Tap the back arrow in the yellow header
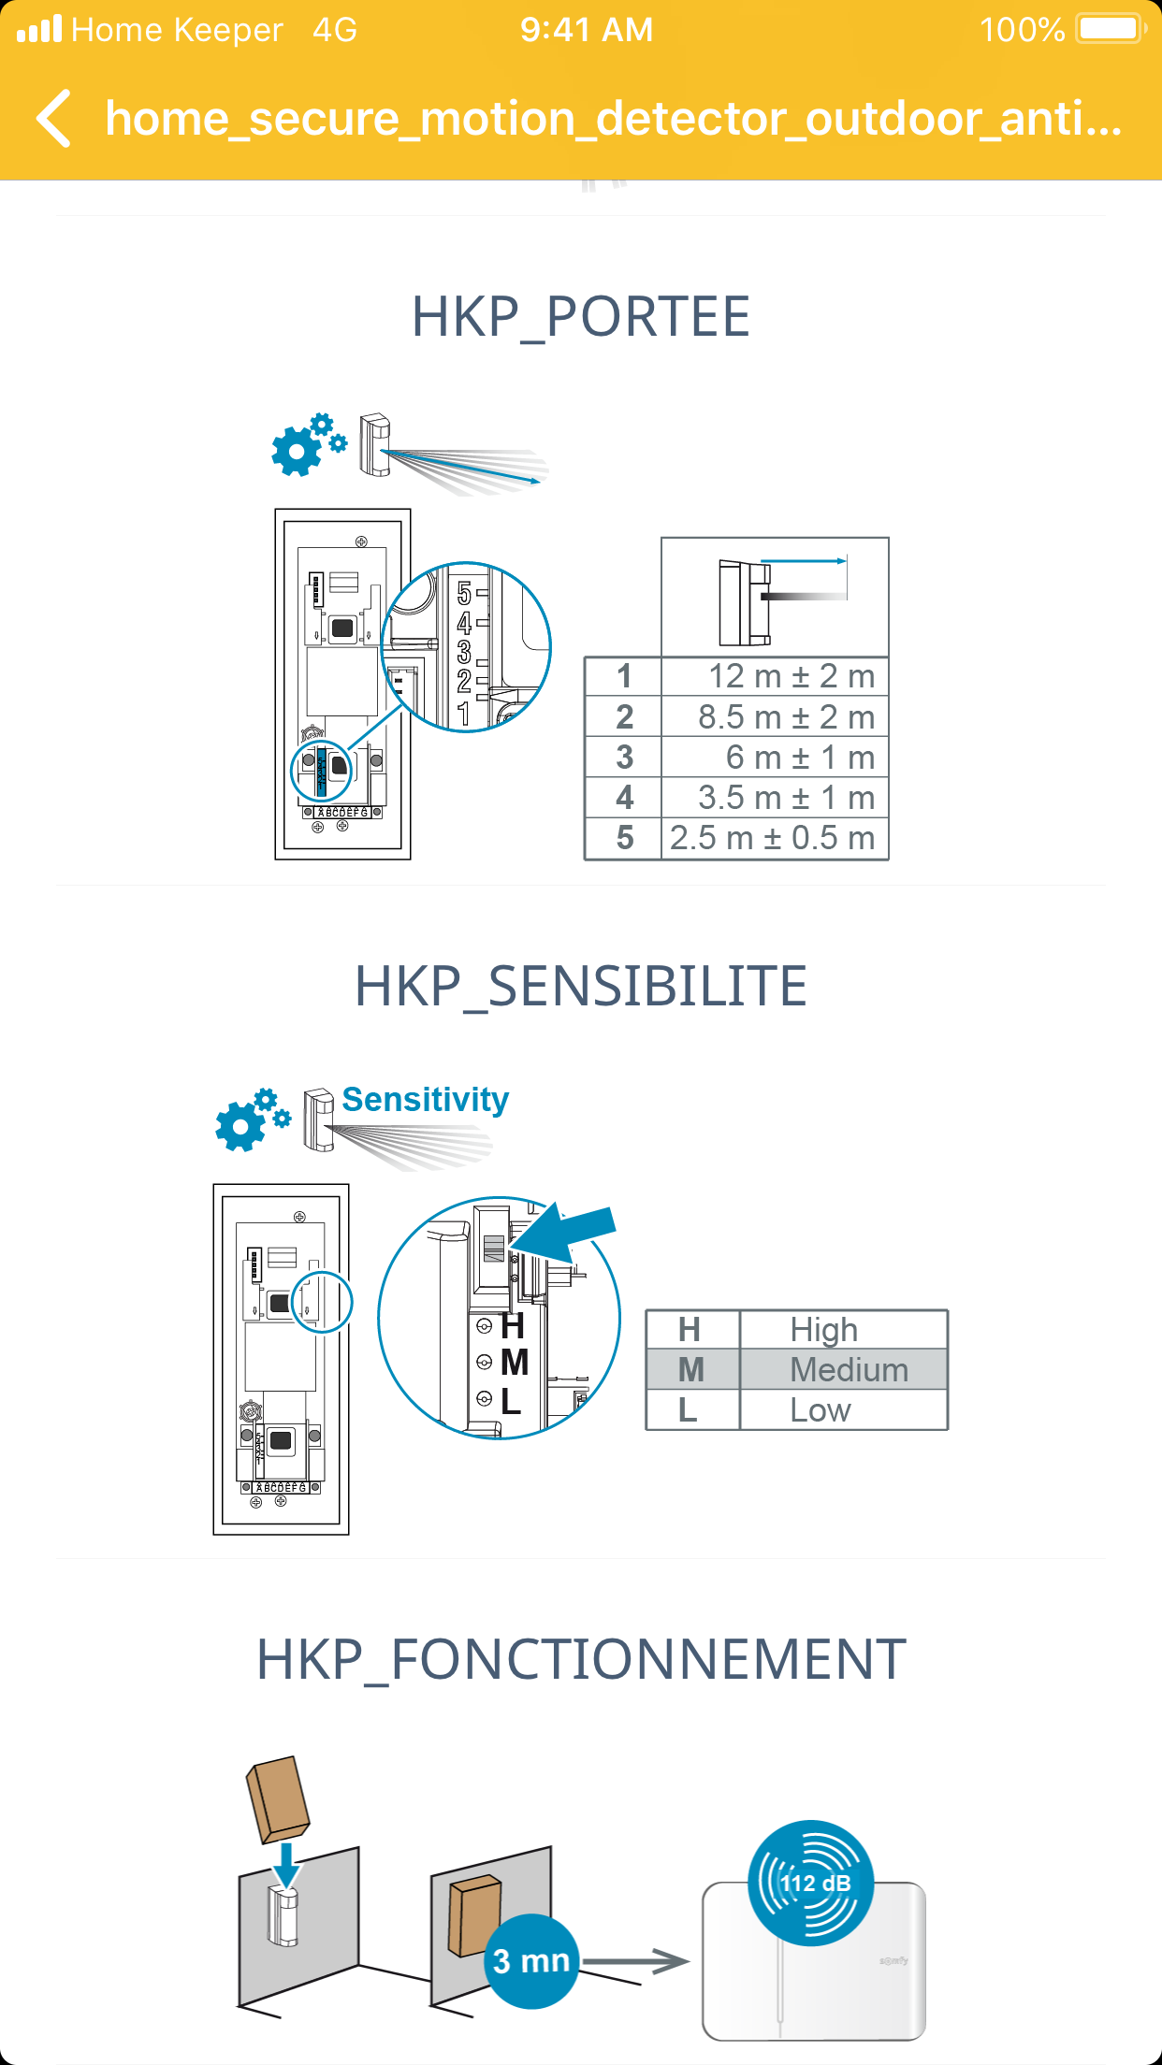[54, 119]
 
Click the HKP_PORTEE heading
[581, 317]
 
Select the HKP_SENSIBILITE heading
[581, 987]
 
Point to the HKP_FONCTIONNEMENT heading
[581, 1660]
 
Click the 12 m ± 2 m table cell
[775, 676]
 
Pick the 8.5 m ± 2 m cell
[775, 717]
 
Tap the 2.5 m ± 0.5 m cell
[775, 838]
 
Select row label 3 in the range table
[624, 758]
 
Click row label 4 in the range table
[624, 798]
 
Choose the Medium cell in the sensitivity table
[845, 1370]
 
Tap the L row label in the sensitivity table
[689, 1410]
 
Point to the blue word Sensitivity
[426, 1100]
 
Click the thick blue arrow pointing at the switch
[567, 1233]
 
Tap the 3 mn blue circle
[531, 1960]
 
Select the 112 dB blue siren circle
[811, 1883]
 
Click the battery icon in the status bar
[1111, 29]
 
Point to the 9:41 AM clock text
[587, 30]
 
